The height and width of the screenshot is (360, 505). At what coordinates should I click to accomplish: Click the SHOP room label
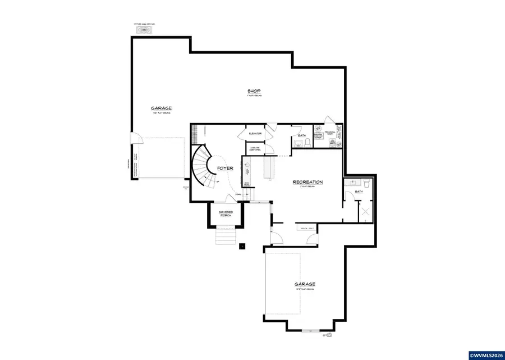254,91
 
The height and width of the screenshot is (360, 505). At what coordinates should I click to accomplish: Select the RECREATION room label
307,182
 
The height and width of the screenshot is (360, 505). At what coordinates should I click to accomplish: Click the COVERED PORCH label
226,214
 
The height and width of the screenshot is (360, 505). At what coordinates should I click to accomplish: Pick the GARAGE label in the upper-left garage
160,108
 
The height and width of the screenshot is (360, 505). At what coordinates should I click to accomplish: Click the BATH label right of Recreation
359,192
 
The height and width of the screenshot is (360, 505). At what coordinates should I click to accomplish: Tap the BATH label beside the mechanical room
302,135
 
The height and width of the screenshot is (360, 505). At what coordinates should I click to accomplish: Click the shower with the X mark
364,213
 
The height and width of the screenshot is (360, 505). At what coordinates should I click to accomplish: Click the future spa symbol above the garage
146,31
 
